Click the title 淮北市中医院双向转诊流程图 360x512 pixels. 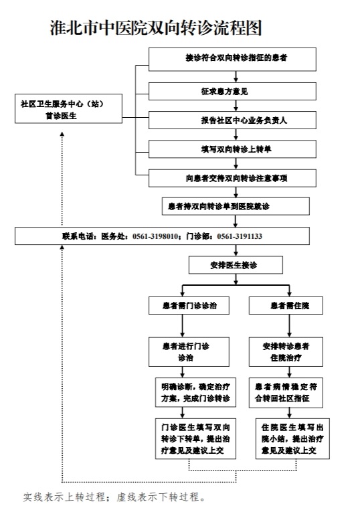(x=156, y=27)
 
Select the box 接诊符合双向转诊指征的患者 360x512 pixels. (x=232, y=58)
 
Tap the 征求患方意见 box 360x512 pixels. (x=232, y=90)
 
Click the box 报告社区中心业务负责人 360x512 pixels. (x=232, y=120)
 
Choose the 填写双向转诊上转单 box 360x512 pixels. (x=232, y=149)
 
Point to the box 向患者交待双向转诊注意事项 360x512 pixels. (x=232, y=178)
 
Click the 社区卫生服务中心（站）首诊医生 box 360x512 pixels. (x=67, y=109)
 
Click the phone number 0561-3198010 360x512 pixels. (x=155, y=236)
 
